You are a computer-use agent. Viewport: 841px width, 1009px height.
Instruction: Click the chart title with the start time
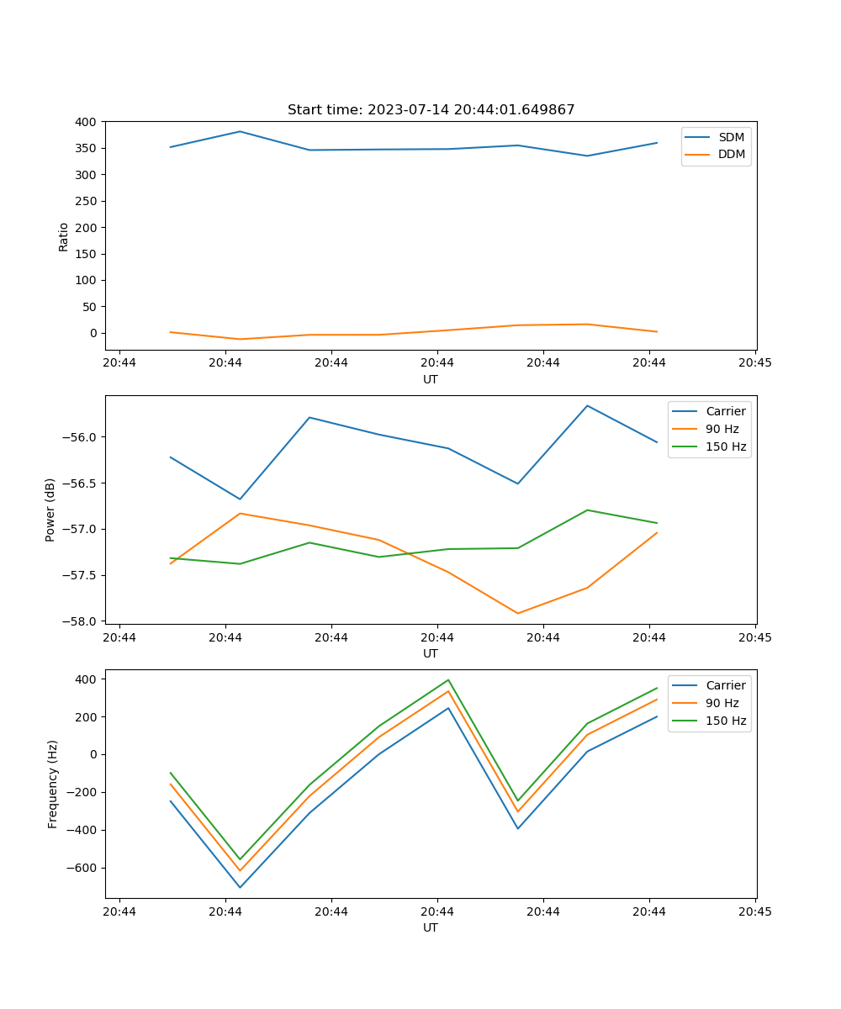coord(431,110)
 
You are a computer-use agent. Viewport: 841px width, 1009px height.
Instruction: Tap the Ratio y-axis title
coord(64,236)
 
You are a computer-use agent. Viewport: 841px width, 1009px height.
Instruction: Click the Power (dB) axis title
coord(50,510)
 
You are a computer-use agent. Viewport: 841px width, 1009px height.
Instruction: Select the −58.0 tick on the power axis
coord(81,621)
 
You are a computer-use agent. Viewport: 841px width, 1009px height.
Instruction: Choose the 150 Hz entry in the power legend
coord(726,446)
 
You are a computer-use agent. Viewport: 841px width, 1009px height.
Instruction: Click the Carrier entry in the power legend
coord(725,411)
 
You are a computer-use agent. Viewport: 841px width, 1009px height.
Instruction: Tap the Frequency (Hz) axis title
coord(53,784)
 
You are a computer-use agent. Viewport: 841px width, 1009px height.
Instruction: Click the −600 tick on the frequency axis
coord(83,868)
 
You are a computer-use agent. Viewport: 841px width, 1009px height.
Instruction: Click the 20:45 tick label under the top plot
coord(755,363)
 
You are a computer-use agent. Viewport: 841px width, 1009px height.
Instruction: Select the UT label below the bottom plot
coord(431,927)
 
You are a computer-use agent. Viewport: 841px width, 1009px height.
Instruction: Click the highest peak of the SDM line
coord(240,131)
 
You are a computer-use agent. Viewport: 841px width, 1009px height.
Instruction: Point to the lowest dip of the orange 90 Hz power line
coord(518,613)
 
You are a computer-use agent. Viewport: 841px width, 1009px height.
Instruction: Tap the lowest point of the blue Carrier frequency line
coord(240,887)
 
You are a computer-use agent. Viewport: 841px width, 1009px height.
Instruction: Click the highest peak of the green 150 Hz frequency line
coord(448,679)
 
